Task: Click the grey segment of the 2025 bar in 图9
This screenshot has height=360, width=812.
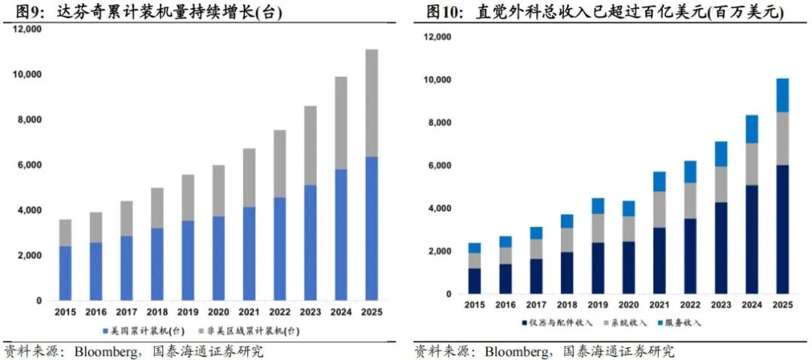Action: [371, 103]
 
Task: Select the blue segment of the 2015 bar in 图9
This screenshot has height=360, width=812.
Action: [65, 274]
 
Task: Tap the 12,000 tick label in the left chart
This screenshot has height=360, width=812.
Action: [26, 29]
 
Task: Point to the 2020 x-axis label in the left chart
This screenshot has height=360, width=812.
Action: [218, 312]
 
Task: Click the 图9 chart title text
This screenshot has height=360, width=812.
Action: [143, 11]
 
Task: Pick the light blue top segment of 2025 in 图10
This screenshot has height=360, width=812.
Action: [783, 95]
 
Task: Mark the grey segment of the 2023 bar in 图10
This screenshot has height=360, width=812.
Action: [721, 184]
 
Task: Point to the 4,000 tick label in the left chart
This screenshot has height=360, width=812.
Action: [29, 210]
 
